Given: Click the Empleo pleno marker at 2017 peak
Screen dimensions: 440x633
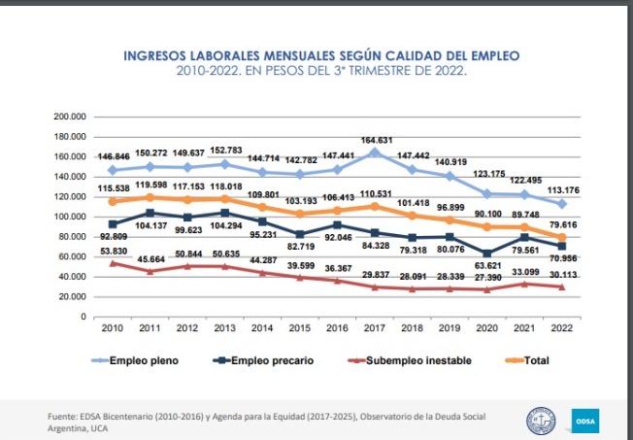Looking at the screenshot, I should (376, 152).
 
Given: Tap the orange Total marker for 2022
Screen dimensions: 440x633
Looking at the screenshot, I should (562, 237).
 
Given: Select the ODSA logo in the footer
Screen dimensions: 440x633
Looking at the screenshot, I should (585, 420).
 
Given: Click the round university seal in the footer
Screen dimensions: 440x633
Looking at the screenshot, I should (541, 420).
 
